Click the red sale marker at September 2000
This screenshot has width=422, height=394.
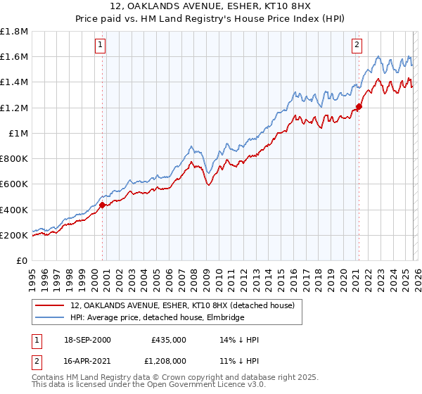point(103,205)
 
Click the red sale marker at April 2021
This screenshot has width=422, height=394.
point(358,106)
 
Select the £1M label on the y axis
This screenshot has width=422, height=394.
point(18,133)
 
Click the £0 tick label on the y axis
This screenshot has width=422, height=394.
point(23,260)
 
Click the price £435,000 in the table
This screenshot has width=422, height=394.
point(168,340)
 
